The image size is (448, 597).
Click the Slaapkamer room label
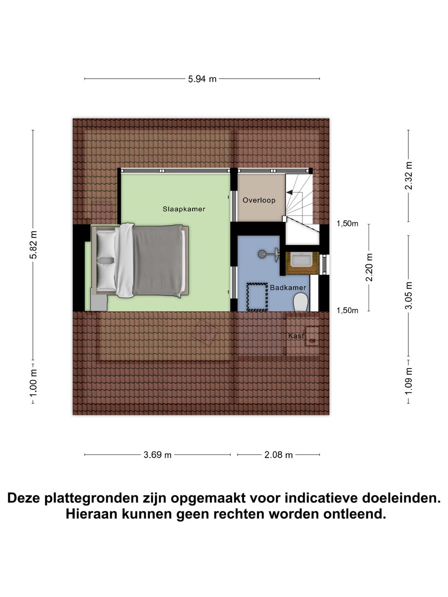tap(184, 209)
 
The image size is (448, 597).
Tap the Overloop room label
tap(259, 200)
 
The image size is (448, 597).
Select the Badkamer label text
tap(288, 287)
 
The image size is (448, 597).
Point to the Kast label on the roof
tap(296, 336)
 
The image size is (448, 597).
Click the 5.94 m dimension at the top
tap(202, 79)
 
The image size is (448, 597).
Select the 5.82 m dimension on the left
tap(33, 245)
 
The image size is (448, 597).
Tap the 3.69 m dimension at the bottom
tap(157, 455)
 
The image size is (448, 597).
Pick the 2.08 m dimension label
tap(278, 455)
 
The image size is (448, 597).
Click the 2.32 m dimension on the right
tap(409, 176)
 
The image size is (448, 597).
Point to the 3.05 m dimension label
tap(409, 295)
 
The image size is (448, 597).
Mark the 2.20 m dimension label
tap(369, 267)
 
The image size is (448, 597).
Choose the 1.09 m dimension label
tap(409, 381)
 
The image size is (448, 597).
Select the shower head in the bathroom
tap(263, 254)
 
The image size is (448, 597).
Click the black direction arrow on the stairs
tap(290, 192)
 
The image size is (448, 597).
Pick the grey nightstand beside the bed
tap(99, 303)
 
